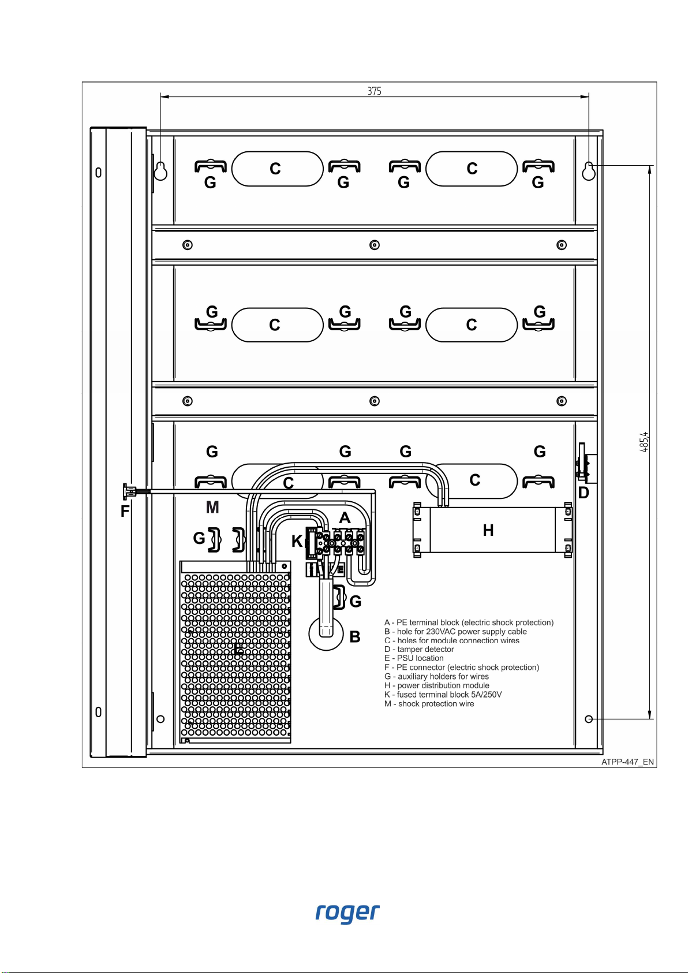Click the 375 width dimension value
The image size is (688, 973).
(374, 91)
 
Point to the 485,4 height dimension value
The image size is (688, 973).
(645, 442)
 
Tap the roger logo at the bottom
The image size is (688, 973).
(347, 913)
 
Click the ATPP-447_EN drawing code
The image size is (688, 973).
(627, 762)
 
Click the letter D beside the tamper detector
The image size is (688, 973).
(584, 493)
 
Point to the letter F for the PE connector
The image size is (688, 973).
(125, 511)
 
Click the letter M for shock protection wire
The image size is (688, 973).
(212, 507)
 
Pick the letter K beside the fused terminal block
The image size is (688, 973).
(297, 541)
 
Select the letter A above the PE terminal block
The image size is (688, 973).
(345, 517)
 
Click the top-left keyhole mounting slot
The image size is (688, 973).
(160, 170)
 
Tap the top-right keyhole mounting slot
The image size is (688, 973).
(589, 170)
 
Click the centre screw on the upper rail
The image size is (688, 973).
(375, 245)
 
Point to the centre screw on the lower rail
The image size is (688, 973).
(375, 401)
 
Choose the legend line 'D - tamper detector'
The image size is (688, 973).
(419, 649)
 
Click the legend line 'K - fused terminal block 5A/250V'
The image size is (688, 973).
(443, 694)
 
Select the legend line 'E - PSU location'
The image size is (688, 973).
(414, 658)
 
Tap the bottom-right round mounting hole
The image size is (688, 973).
(589, 719)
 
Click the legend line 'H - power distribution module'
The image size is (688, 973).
(436, 685)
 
